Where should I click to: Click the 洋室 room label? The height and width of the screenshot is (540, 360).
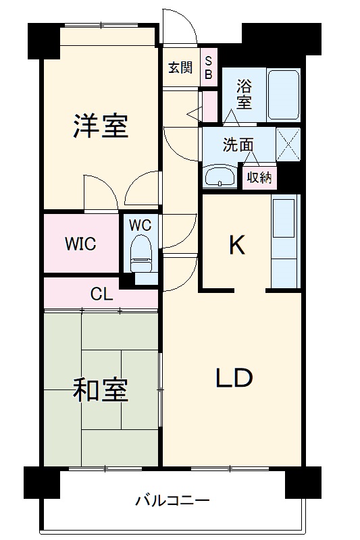click(x=101, y=126)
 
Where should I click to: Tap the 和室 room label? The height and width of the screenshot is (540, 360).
click(x=101, y=390)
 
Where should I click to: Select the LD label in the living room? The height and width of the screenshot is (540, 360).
click(x=234, y=378)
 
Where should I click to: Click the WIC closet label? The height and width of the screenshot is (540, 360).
click(x=80, y=244)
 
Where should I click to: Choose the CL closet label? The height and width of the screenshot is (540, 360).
click(x=101, y=294)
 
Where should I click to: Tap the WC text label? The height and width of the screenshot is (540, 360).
click(x=140, y=223)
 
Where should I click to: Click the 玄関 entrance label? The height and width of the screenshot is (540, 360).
click(x=180, y=67)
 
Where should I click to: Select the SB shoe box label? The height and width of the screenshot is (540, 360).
click(x=209, y=68)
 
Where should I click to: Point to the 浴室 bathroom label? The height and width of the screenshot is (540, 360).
click(x=244, y=94)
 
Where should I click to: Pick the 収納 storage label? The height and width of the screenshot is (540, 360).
click(x=259, y=178)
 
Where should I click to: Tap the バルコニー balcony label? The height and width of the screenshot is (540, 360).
click(x=173, y=501)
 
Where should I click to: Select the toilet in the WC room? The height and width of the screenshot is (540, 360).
click(x=141, y=250)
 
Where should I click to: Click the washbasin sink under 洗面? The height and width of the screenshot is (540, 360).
click(x=220, y=178)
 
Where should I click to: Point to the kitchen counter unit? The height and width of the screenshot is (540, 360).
click(x=284, y=242)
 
